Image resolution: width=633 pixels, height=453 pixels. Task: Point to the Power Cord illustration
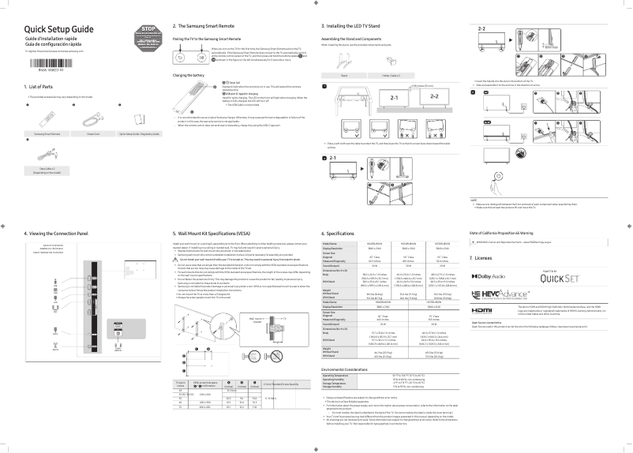pos(88,118)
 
